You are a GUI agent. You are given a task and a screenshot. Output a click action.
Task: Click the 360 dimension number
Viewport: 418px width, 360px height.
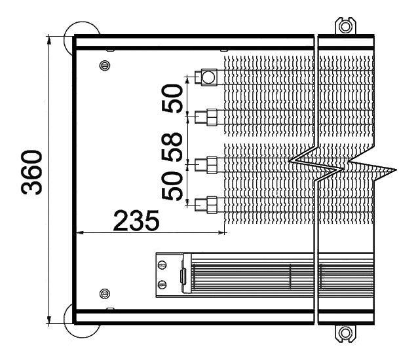[x=31, y=172]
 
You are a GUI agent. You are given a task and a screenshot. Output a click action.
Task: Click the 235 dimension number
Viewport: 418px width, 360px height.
[x=136, y=221]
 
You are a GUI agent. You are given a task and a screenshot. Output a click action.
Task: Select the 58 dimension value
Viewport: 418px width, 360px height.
[x=172, y=147]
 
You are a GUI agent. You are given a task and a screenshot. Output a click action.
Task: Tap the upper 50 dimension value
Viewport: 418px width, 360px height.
[x=172, y=98]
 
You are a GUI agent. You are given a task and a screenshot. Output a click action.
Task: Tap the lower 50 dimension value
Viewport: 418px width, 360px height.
[x=172, y=186]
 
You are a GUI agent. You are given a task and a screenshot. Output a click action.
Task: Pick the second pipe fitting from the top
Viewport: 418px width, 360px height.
[x=206, y=117]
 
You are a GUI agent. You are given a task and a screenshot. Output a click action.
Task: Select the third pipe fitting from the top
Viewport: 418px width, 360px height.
[x=206, y=165]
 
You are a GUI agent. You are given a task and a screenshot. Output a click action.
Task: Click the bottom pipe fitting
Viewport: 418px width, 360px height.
[x=206, y=205]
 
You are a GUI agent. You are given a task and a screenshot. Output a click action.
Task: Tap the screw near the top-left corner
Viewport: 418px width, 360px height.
[x=105, y=65]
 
